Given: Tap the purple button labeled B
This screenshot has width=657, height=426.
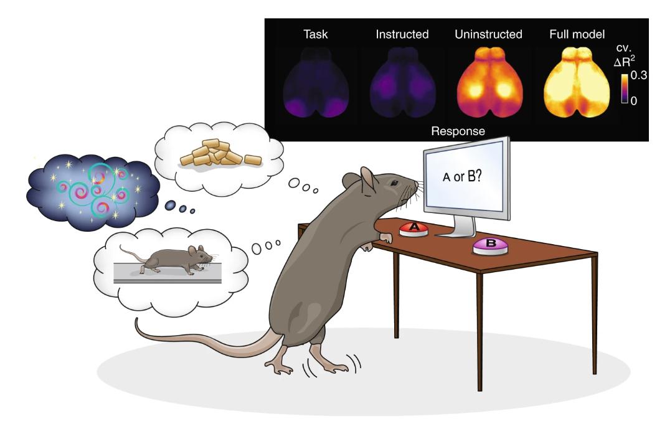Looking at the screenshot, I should [x=491, y=245].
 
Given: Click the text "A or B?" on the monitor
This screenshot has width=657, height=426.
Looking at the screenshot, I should [x=465, y=177].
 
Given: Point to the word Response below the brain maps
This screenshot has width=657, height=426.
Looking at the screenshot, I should [x=458, y=131].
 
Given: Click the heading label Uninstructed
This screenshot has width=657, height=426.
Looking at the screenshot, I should [x=488, y=34].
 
